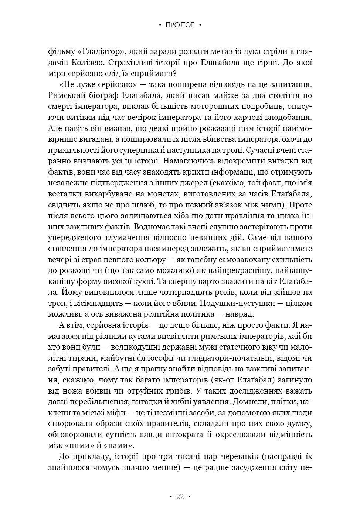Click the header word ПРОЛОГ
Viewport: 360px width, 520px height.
click(180, 25)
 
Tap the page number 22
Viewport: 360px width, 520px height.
click(180, 497)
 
